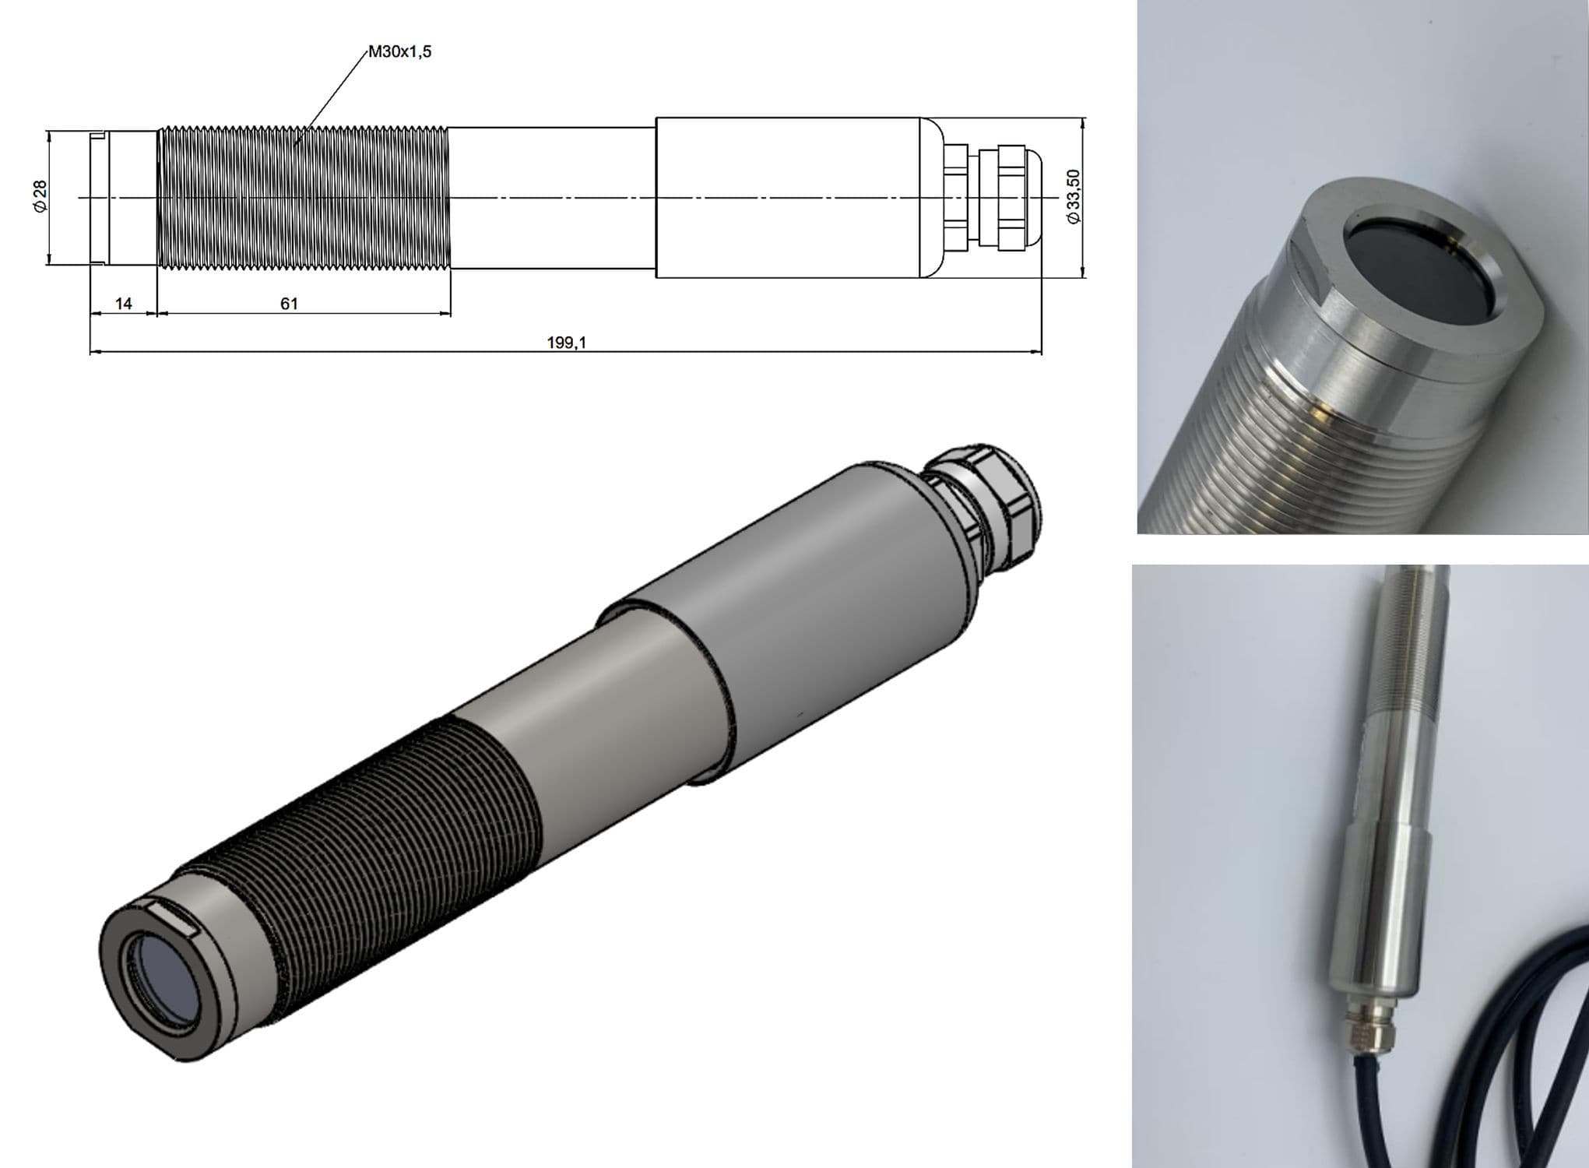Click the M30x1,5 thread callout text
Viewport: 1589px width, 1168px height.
coord(399,52)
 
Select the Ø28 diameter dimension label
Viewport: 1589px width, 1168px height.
coord(40,195)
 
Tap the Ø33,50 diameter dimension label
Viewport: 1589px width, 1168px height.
coord(1075,197)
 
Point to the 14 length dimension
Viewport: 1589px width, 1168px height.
coord(124,304)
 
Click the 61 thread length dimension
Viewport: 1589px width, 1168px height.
coord(289,304)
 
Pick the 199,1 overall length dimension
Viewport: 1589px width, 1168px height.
coord(566,343)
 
